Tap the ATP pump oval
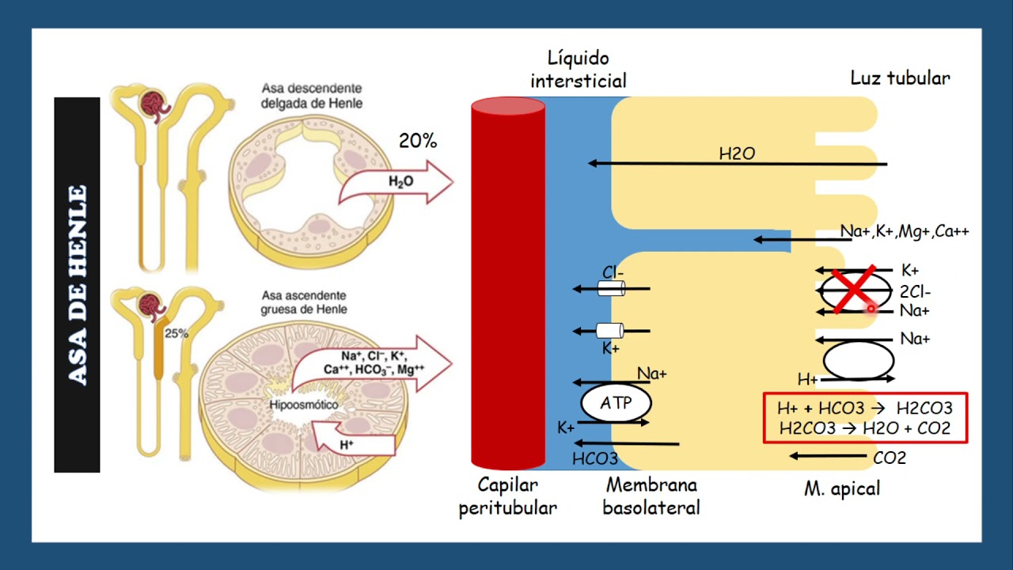point(617,403)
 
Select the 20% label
point(418,141)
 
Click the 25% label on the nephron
point(176,333)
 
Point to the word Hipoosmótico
point(304,405)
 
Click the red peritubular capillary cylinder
point(508,285)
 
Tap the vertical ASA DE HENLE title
point(77,285)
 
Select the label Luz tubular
point(900,78)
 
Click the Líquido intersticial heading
point(579,69)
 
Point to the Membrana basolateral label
point(651,496)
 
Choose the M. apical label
point(841,488)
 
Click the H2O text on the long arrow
point(737,154)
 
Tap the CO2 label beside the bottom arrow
point(890,458)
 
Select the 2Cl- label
point(916,291)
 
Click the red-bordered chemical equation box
point(865,418)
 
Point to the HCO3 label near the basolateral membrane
point(594,459)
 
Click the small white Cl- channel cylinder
point(611,289)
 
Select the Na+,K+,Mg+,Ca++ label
point(905,232)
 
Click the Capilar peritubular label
point(508,496)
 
